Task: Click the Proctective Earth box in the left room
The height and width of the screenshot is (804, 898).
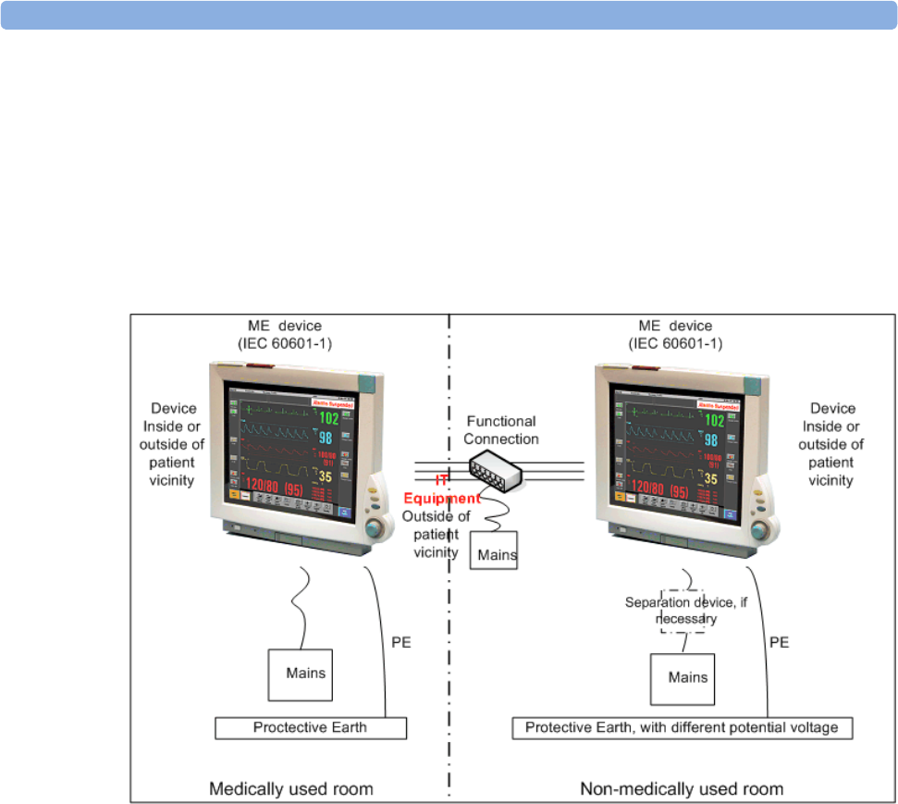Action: [x=311, y=727]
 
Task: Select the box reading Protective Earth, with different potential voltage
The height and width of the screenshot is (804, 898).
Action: [x=682, y=727]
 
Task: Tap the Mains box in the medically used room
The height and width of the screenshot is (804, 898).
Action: [x=300, y=674]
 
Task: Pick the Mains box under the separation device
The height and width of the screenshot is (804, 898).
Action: [x=683, y=677]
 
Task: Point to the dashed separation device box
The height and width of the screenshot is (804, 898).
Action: [x=683, y=611]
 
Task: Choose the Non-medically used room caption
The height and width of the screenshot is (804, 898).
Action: [x=682, y=789]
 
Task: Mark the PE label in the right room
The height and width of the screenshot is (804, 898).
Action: [x=780, y=640]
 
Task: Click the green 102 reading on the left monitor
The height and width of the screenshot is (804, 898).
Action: [x=328, y=418]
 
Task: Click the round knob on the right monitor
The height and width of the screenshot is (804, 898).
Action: [x=760, y=529]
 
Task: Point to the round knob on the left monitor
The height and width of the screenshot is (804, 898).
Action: [x=376, y=529]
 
